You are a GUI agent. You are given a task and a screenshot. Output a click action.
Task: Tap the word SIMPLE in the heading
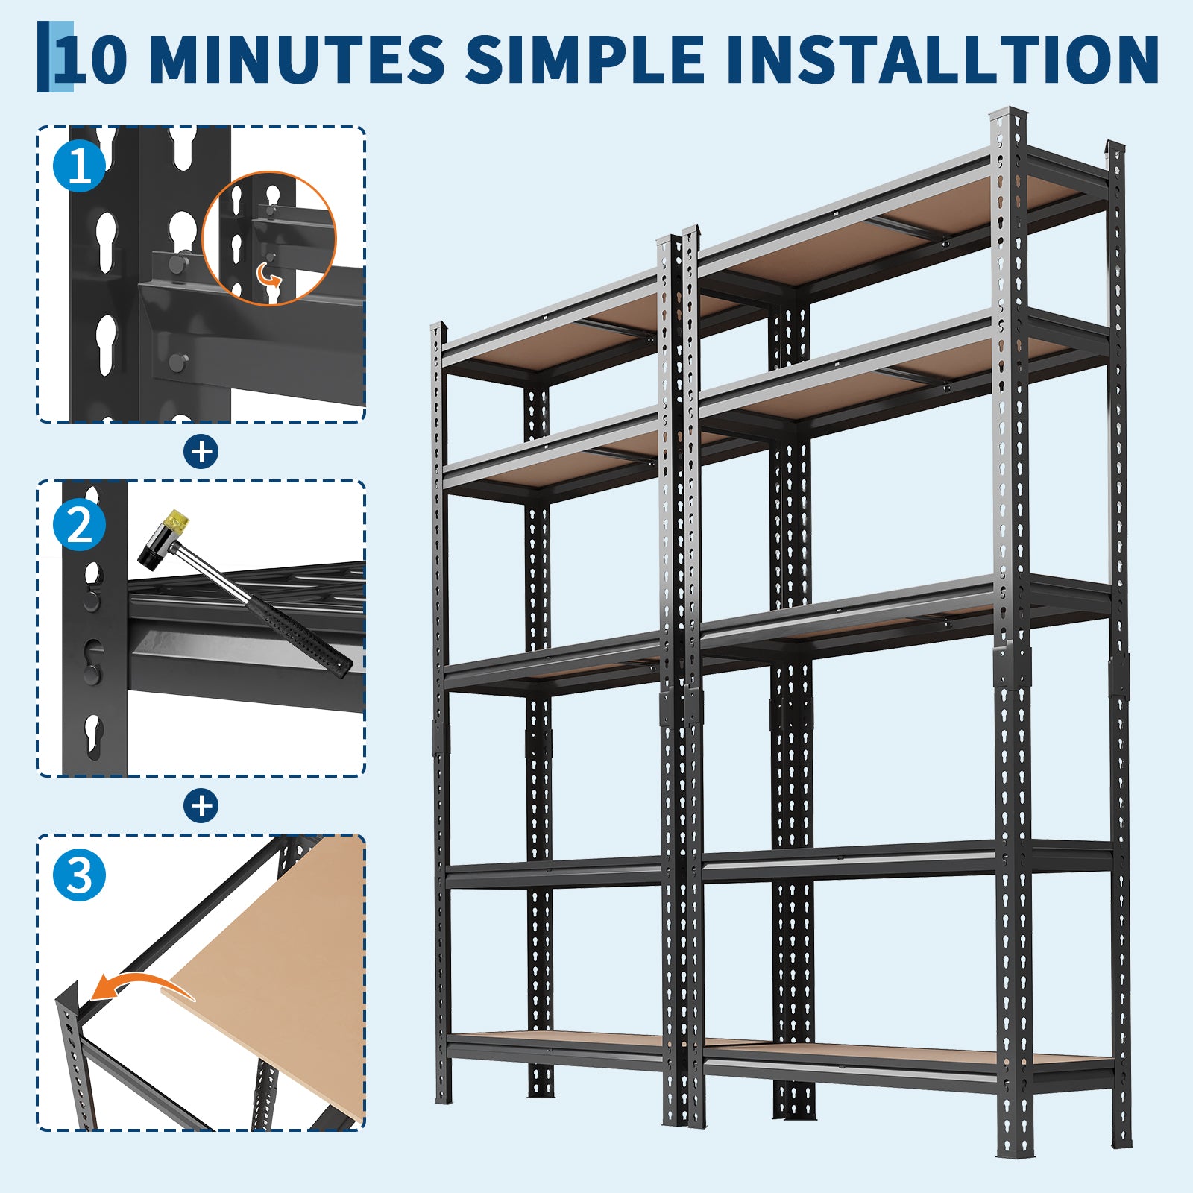(585, 59)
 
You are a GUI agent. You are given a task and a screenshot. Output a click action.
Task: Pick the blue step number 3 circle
(80, 874)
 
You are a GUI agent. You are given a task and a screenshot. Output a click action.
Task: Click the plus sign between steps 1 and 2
(201, 452)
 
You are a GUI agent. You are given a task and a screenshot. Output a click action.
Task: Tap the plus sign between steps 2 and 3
(201, 806)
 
